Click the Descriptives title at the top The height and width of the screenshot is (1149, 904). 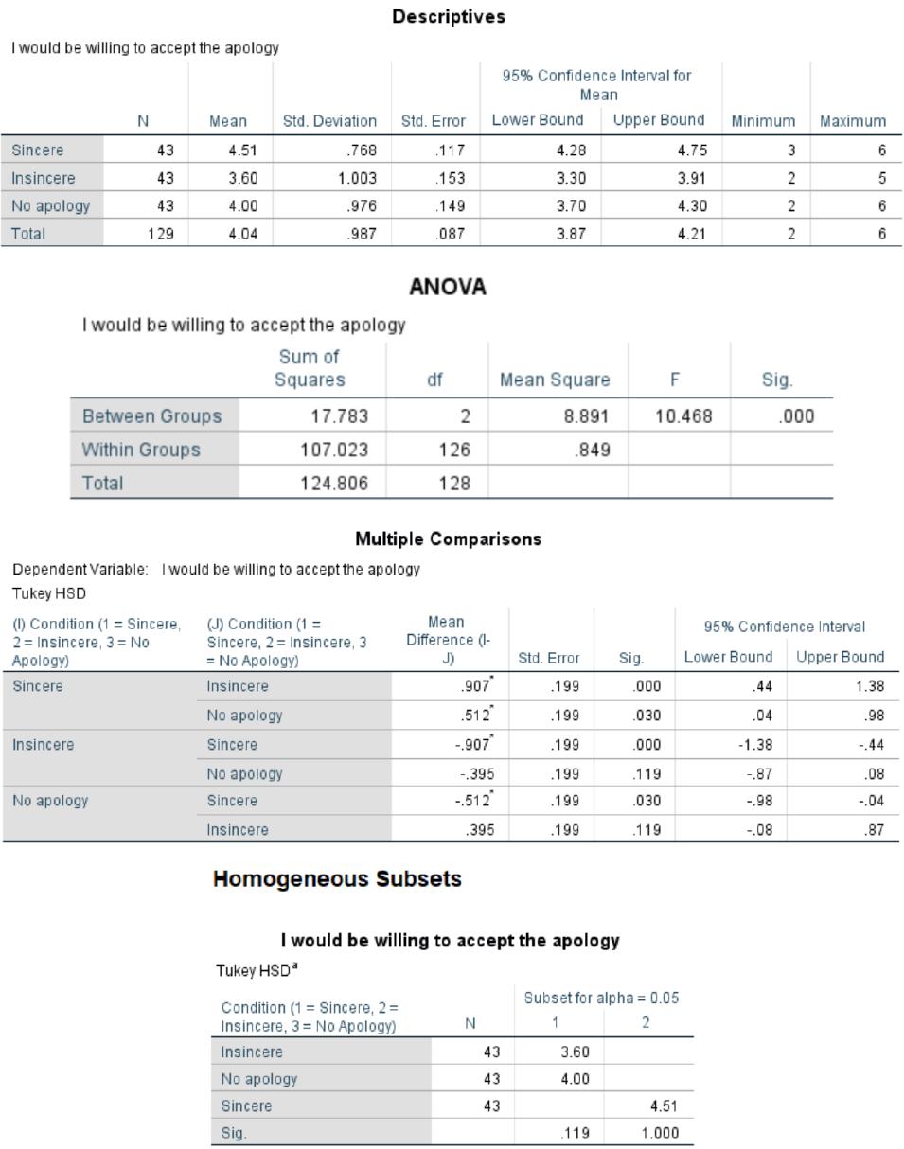(x=449, y=16)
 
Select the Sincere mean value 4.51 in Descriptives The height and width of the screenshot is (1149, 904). (x=243, y=150)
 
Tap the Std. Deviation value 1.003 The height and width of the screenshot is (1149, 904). (x=357, y=178)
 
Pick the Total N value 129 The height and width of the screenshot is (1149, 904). (x=161, y=234)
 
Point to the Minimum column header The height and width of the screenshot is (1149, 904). (x=763, y=121)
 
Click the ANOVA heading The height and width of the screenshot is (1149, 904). (x=448, y=287)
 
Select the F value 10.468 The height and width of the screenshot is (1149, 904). (x=683, y=415)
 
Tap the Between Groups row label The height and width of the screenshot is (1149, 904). (x=151, y=415)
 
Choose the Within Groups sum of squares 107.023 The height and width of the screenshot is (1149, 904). (x=334, y=450)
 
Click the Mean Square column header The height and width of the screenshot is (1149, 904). (x=555, y=380)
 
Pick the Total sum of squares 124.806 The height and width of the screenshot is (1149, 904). (x=334, y=484)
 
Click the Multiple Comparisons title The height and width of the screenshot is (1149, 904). (x=449, y=539)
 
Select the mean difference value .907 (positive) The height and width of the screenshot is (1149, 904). (x=476, y=685)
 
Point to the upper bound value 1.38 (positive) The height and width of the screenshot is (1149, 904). (x=870, y=686)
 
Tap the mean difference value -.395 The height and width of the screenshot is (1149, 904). (x=477, y=773)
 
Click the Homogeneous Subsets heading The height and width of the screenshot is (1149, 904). (x=337, y=879)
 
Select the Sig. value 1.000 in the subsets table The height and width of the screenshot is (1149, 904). (x=660, y=1133)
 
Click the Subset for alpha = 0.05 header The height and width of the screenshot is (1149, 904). (x=601, y=998)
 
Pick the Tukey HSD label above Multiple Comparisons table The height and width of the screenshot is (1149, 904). (x=49, y=593)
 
